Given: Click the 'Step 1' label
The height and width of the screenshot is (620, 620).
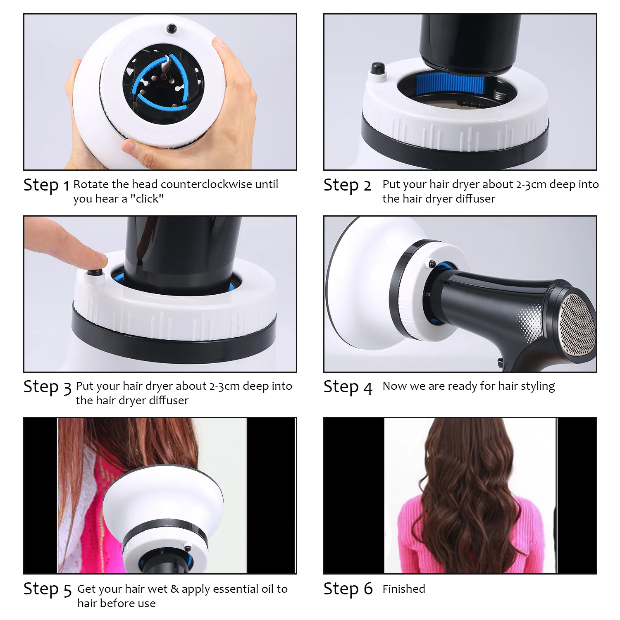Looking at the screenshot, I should pyautogui.click(x=46, y=185).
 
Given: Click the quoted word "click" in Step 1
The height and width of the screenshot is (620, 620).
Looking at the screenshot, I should pyautogui.click(x=147, y=199).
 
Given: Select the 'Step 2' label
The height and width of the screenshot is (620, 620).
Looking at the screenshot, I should pyautogui.click(x=347, y=185).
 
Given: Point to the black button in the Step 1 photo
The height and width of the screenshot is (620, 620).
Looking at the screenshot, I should pyautogui.click(x=171, y=29).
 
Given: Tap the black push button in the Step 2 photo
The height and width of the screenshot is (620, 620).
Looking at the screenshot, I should pyautogui.click(x=377, y=68).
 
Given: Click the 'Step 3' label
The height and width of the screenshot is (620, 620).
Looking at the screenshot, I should pyautogui.click(x=47, y=387).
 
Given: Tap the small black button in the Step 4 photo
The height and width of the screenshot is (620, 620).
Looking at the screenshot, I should pyautogui.click(x=432, y=263).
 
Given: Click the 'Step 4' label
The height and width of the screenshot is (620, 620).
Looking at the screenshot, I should pyautogui.click(x=348, y=387).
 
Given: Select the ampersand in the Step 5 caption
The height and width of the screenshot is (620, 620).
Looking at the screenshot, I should pyautogui.click(x=174, y=589).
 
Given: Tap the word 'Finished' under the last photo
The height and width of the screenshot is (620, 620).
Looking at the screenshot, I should pyautogui.click(x=403, y=589).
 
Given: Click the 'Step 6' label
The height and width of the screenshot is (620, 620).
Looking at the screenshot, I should pyautogui.click(x=348, y=589).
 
